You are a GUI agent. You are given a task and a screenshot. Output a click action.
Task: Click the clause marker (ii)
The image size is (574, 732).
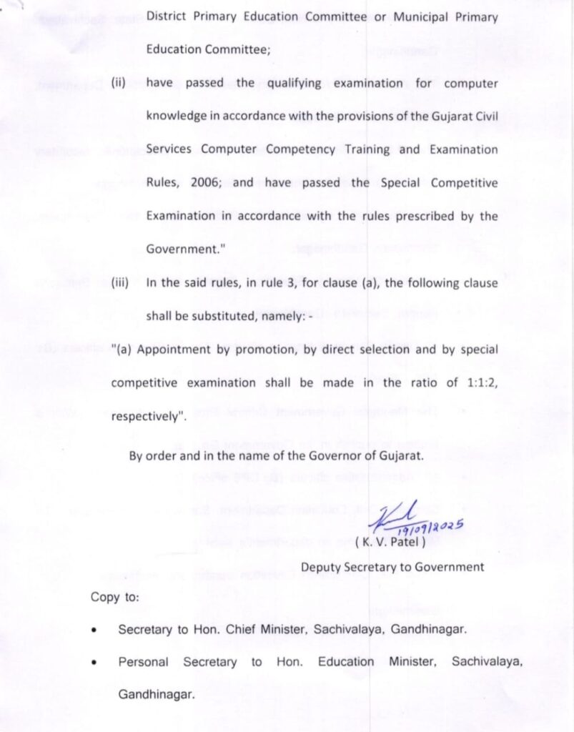click(118, 82)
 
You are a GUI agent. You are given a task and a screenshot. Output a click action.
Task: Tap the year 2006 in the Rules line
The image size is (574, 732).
click(206, 182)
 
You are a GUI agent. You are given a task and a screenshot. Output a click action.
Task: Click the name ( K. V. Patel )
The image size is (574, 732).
click(390, 542)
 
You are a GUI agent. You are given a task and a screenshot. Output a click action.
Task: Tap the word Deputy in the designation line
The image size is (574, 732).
click(322, 567)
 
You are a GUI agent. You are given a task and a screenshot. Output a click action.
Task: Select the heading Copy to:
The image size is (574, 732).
click(115, 597)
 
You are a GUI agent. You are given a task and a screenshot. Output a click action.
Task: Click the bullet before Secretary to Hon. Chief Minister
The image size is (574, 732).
click(94, 630)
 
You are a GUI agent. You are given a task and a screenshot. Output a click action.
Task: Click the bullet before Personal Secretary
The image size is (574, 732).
click(94, 663)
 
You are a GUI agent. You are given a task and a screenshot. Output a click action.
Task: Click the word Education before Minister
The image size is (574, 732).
click(346, 662)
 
